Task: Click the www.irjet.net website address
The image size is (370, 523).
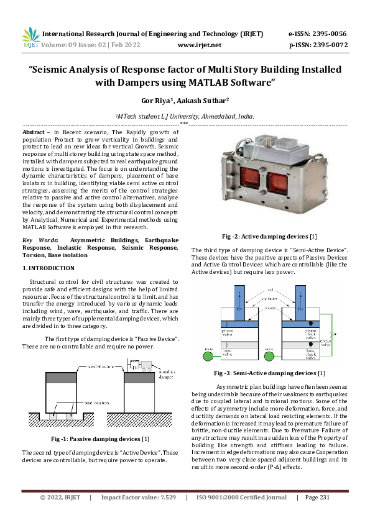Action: click(200, 45)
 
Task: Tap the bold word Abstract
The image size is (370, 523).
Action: click(33, 133)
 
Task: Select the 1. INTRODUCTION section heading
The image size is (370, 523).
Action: click(48, 268)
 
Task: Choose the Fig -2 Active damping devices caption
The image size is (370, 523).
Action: click(269, 236)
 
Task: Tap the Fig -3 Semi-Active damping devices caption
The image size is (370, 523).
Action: click(269, 373)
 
